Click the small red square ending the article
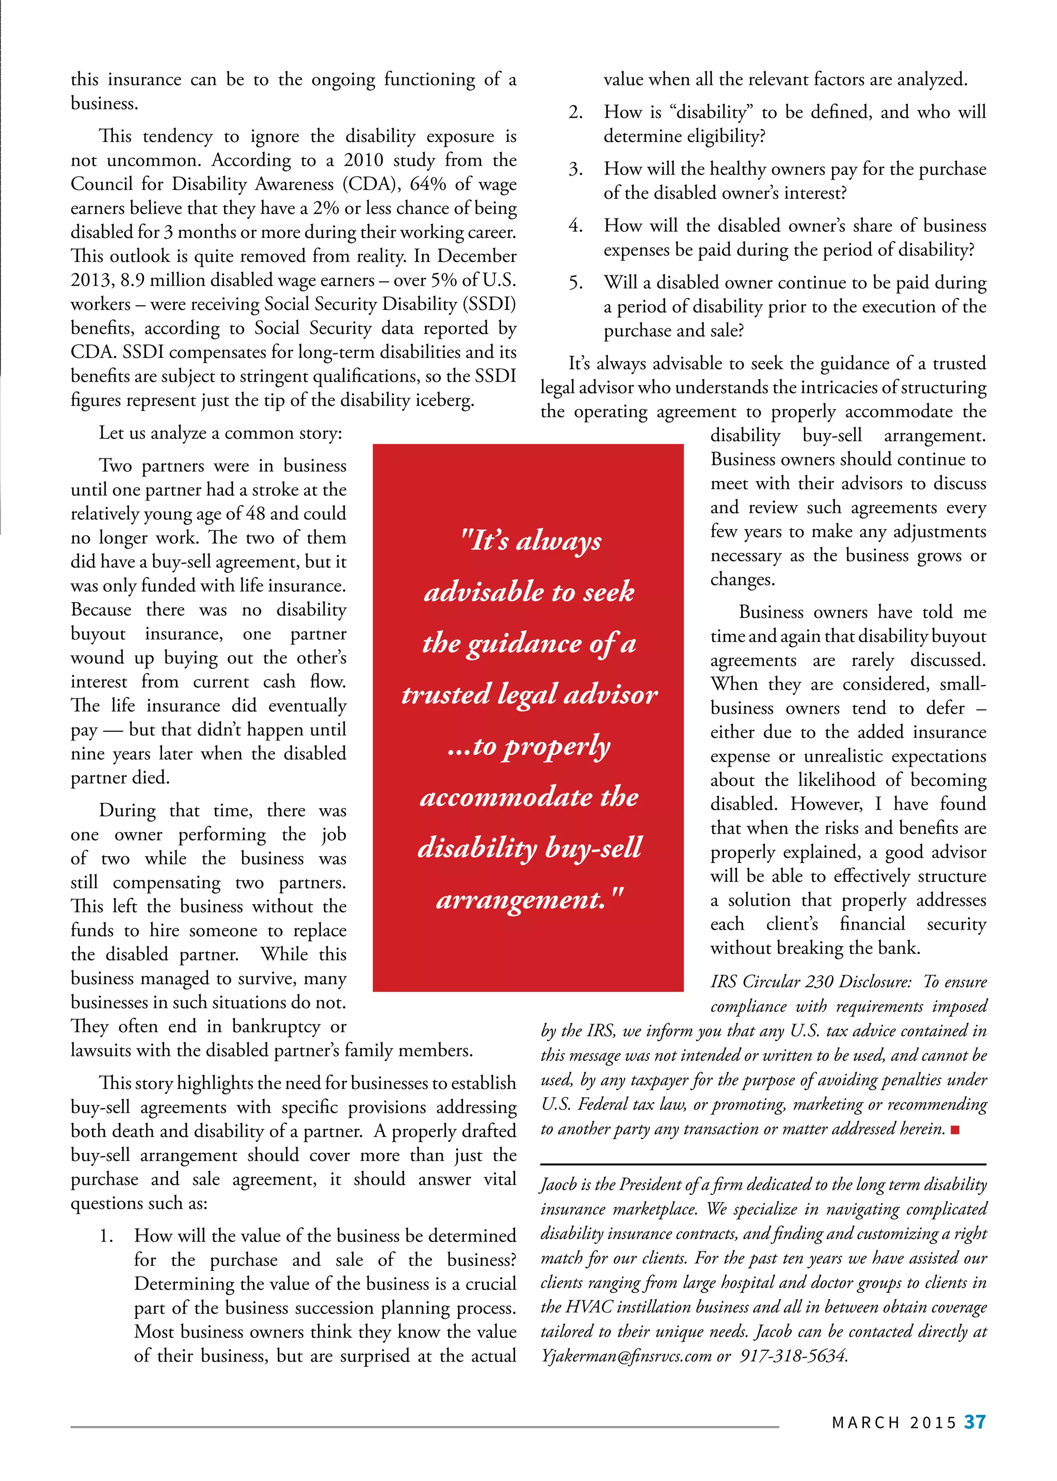pyautogui.click(x=955, y=1130)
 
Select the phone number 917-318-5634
pyautogui.click(x=793, y=1356)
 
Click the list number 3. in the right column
pyautogui.click(x=575, y=169)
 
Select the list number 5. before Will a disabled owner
pyautogui.click(x=575, y=282)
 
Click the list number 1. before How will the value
pyautogui.click(x=107, y=1236)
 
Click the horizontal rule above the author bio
pyautogui.click(x=763, y=1164)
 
